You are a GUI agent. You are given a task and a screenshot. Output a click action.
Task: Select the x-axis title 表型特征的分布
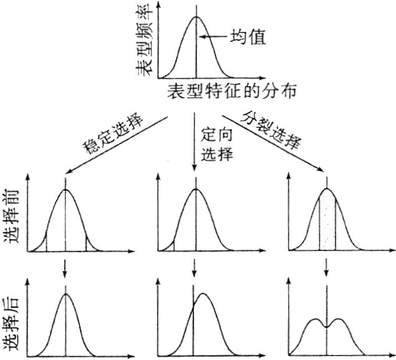coord(231,92)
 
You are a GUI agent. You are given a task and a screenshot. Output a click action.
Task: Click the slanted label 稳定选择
coord(113,135)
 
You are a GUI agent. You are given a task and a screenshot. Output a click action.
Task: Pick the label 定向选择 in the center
coord(216,144)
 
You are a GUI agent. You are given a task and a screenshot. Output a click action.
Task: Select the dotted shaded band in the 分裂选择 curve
coord(327,221)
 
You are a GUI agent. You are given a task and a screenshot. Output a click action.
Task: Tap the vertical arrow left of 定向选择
coord(195,143)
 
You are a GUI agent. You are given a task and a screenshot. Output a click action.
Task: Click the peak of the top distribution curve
coord(196,17)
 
